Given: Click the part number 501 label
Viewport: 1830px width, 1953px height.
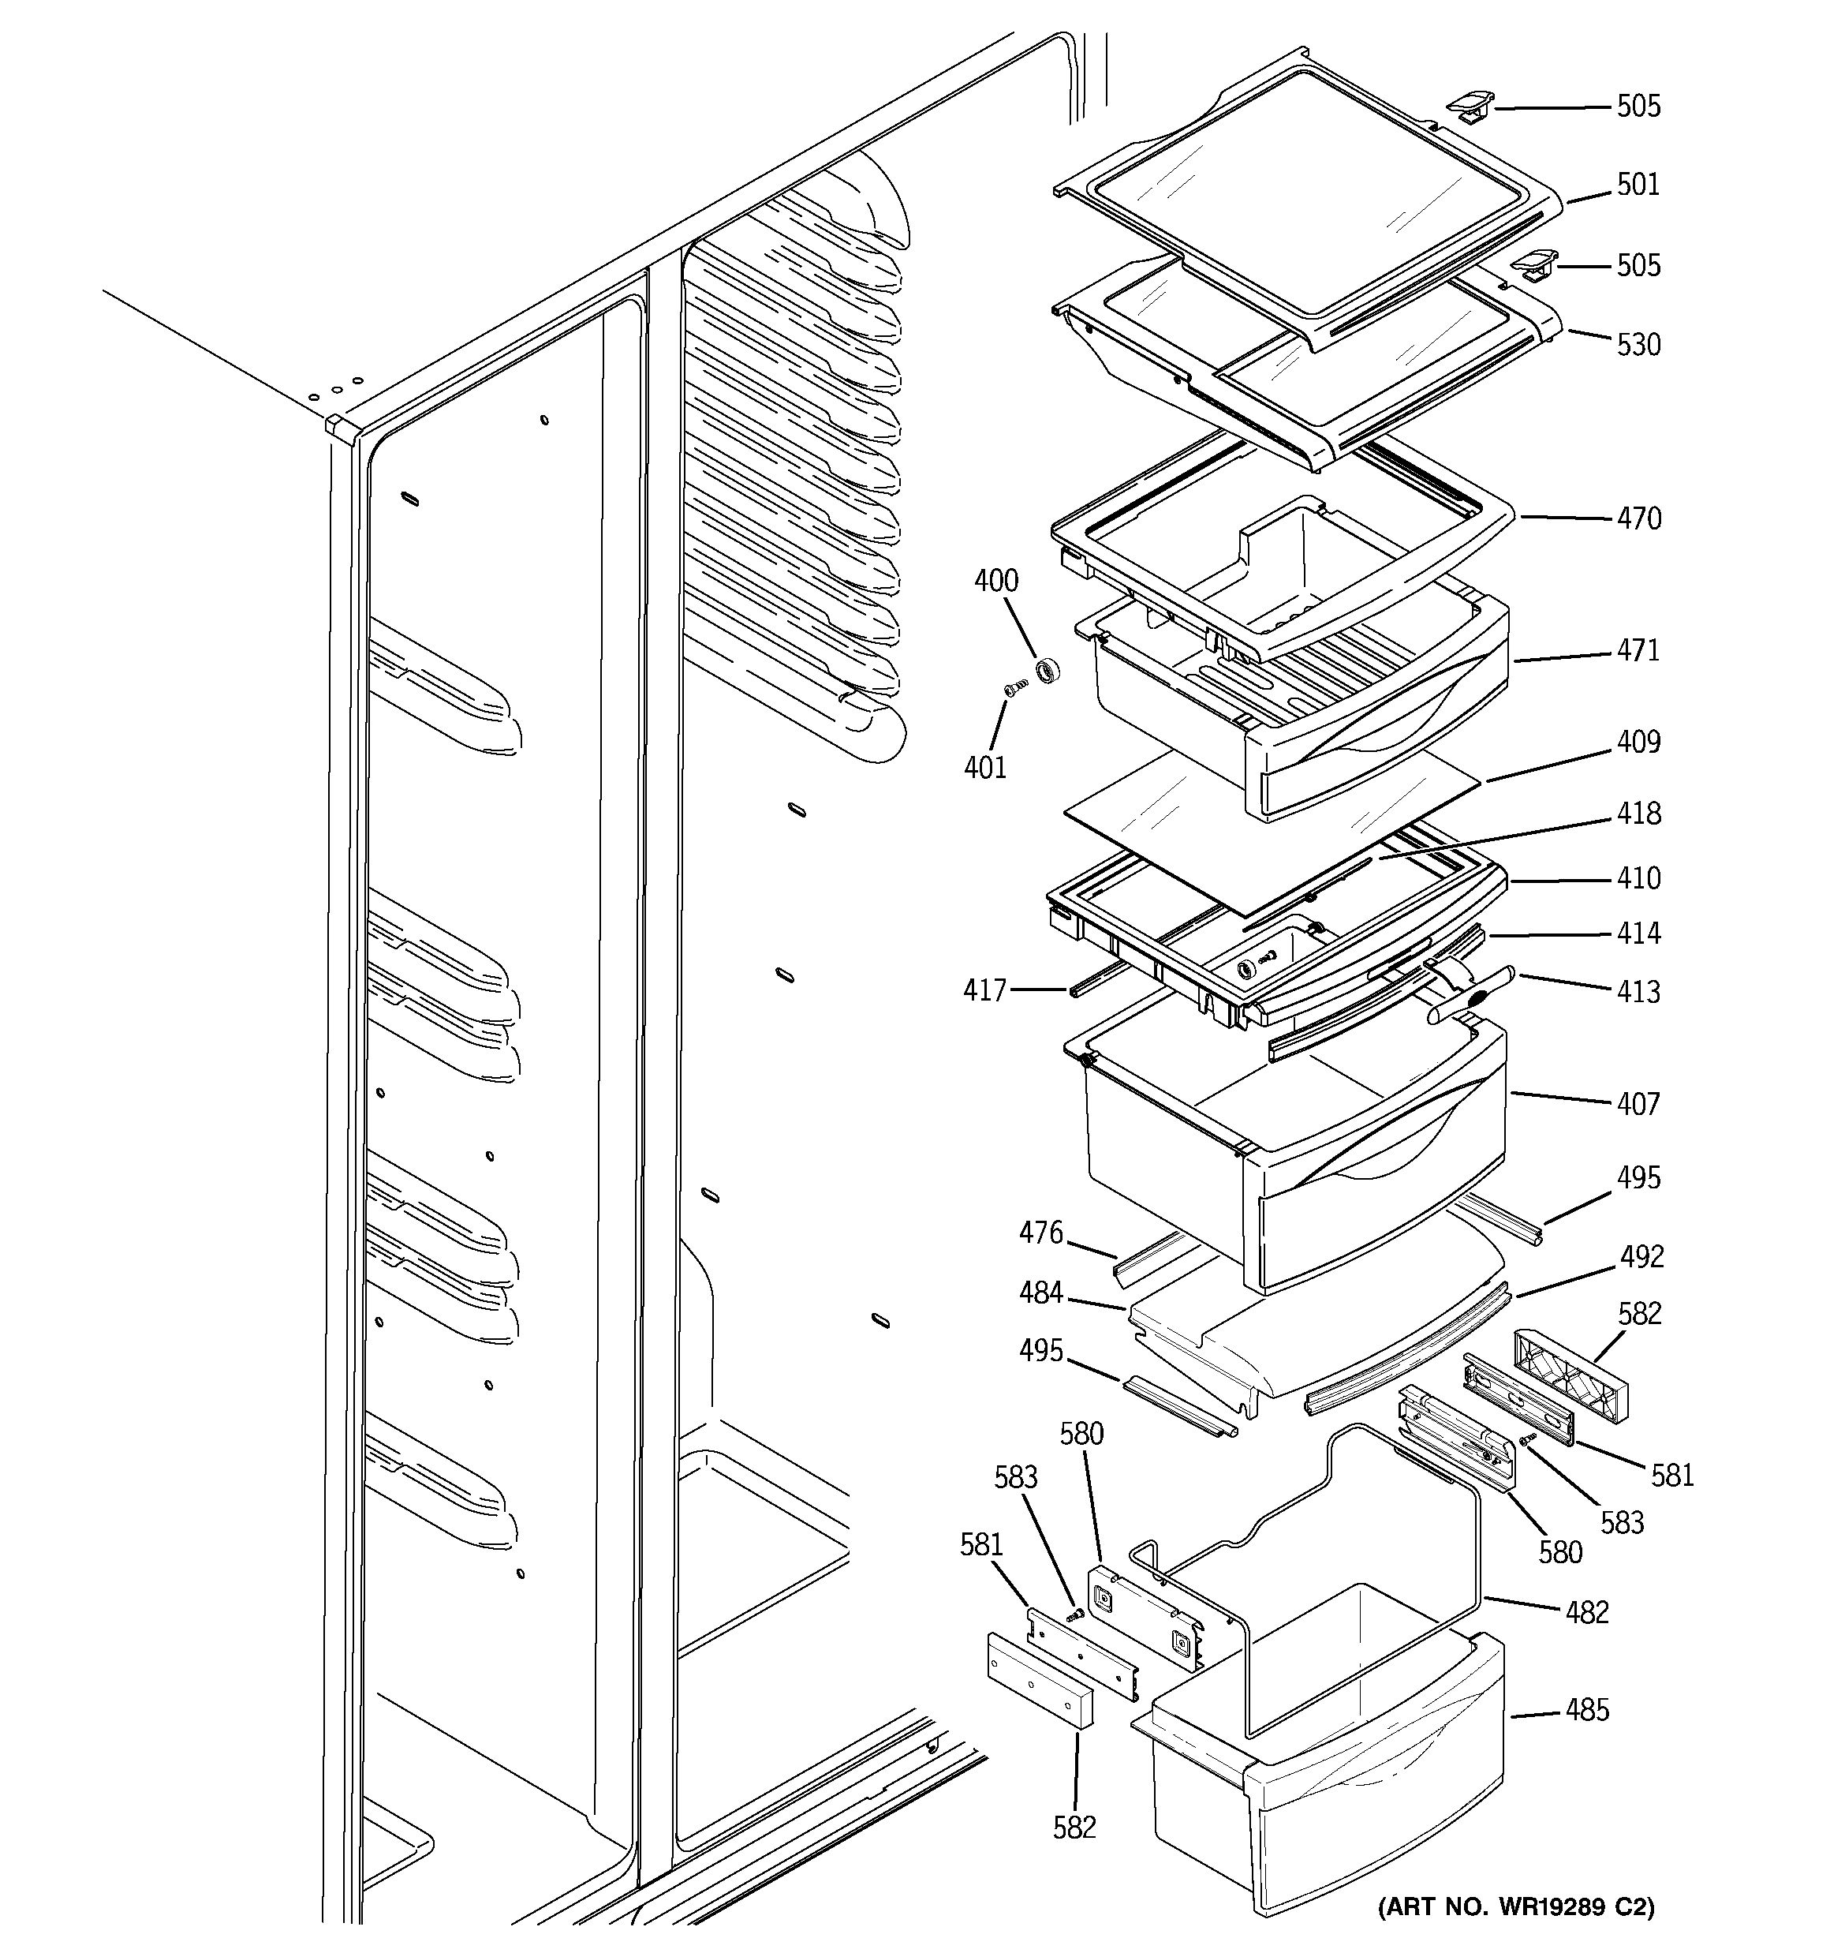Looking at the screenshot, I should pos(1638,185).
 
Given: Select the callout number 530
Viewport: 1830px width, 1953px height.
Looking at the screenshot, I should pos(1638,345).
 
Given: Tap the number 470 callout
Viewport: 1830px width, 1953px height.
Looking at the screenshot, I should pos(1638,518).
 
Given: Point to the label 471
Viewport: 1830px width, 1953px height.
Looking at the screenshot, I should pos(1638,650).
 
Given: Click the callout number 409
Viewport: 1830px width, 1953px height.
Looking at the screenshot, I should pos(1638,741).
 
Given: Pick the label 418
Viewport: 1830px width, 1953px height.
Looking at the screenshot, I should pos(1638,814).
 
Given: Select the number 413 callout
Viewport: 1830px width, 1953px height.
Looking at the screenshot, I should pos(1638,991).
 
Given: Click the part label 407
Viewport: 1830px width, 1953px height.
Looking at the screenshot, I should pos(1638,1104).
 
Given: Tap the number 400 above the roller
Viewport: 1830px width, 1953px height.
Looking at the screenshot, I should pos(996,581).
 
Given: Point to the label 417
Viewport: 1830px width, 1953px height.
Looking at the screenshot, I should pos(984,990).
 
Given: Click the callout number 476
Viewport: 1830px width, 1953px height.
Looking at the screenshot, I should pos(1040,1232).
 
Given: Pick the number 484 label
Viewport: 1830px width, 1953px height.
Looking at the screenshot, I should pos(1040,1293).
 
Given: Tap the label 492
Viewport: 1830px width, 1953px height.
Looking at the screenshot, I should pos(1641,1256).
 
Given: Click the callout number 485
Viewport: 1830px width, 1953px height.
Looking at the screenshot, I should pos(1587,1709).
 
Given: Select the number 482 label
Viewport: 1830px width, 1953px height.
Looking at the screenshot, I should pos(1586,1612).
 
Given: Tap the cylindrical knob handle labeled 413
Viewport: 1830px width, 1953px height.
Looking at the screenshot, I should pos(1470,995).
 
